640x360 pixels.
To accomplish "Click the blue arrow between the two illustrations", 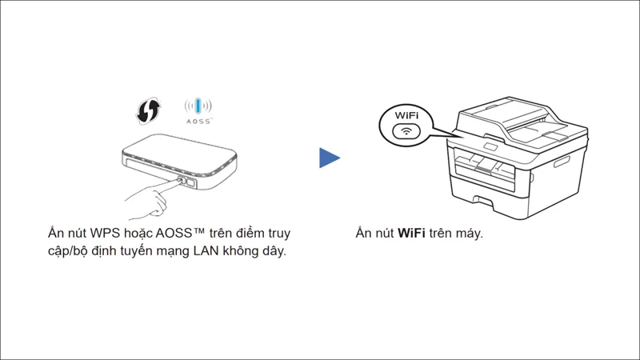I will point(329,158).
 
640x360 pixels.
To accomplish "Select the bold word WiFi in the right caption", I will point(411,234).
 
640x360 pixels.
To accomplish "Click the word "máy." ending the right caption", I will point(470,234).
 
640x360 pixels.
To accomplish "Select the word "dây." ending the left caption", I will point(271,253).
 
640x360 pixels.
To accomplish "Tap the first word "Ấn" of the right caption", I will point(365,234).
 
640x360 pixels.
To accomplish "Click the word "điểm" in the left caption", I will point(252,234).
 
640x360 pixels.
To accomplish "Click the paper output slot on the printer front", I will point(488,165).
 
